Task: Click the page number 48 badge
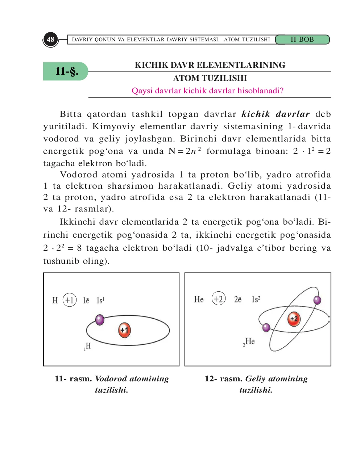(x=50, y=39)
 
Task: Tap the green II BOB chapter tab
(x=302, y=40)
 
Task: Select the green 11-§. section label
(x=66, y=71)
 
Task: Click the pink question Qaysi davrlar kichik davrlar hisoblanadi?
(x=207, y=91)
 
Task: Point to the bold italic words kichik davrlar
(x=276, y=114)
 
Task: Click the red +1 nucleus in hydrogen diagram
(x=124, y=330)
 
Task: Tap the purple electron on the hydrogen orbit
(x=100, y=320)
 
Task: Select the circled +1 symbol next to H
(x=70, y=300)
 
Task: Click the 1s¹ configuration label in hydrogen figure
(x=100, y=300)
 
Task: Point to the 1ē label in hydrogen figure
(x=86, y=300)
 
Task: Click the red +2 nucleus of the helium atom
(x=294, y=319)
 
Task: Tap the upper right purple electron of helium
(x=317, y=300)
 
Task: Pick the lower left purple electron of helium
(x=266, y=327)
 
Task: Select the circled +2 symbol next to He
(x=218, y=299)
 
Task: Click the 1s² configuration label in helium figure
(x=256, y=299)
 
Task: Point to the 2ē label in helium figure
(x=238, y=299)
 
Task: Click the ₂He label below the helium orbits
(x=249, y=342)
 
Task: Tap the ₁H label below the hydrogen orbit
(x=87, y=347)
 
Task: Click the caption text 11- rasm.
(x=73, y=379)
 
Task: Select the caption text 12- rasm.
(x=223, y=379)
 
